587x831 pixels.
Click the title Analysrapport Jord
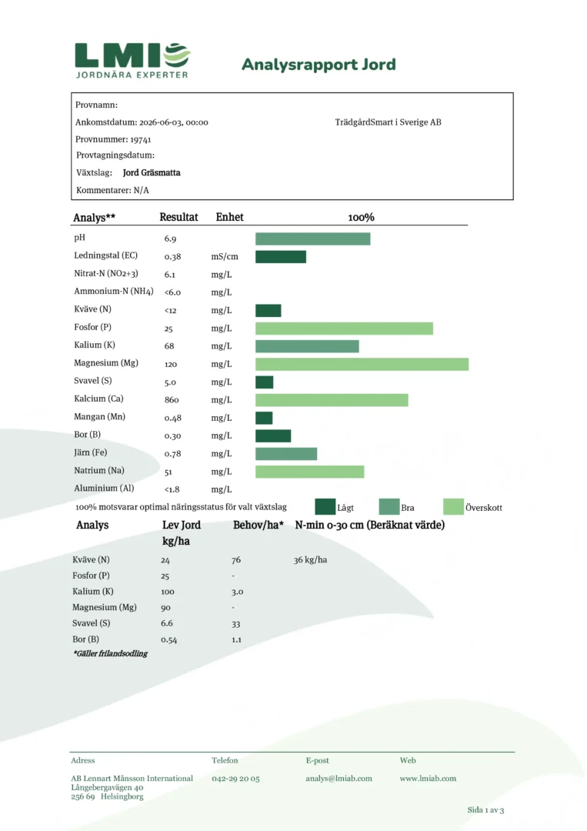pyautogui.click(x=319, y=65)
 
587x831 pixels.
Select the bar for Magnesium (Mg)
pyautogui.click(x=362, y=364)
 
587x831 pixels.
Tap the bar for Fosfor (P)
pyautogui.click(x=344, y=329)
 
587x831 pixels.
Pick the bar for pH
pyautogui.click(x=312, y=239)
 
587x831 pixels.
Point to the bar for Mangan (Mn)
pyautogui.click(x=264, y=418)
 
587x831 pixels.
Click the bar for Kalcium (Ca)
pyautogui.click(x=332, y=399)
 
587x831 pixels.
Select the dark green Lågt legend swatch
pyautogui.click(x=325, y=506)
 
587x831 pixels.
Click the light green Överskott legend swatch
pyautogui.click(x=453, y=506)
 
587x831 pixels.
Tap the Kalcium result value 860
pyautogui.click(x=172, y=400)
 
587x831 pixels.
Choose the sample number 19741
pyautogui.click(x=140, y=140)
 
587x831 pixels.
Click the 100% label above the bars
pyautogui.click(x=362, y=217)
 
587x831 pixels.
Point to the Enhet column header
pyautogui.click(x=229, y=217)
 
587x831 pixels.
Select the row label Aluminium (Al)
pyautogui.click(x=104, y=488)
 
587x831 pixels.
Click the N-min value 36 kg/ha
pyautogui.click(x=311, y=559)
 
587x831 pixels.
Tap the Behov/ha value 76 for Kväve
pyautogui.click(x=236, y=560)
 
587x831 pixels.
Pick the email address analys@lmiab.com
pyautogui.click(x=339, y=779)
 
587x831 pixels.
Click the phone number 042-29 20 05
pyautogui.click(x=235, y=779)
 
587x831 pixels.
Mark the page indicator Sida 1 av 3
pyautogui.click(x=485, y=809)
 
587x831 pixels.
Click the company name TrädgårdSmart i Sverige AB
pyautogui.click(x=389, y=122)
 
